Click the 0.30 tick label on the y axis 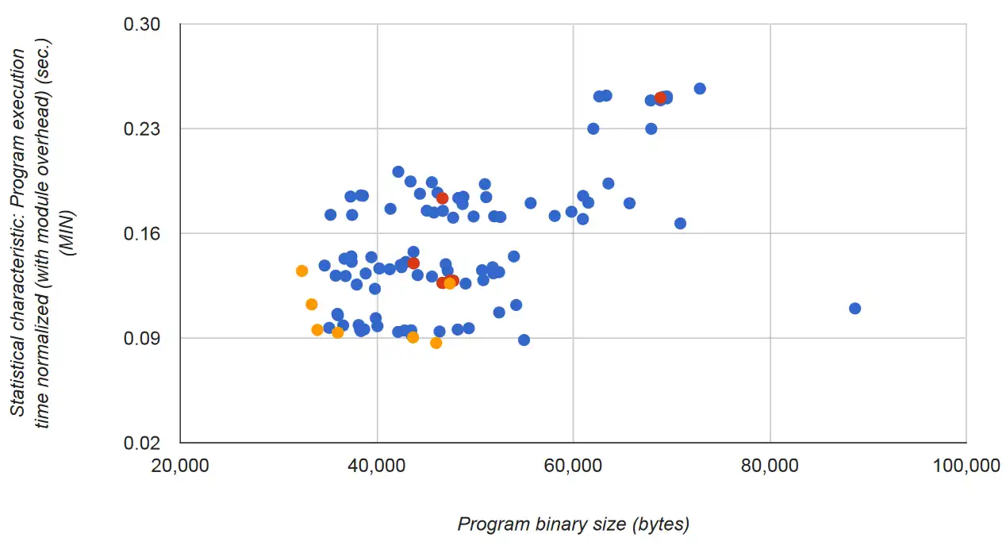tap(142, 25)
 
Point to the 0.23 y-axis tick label tap(142, 129)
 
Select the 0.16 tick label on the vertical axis tap(142, 234)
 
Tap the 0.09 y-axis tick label tap(142, 339)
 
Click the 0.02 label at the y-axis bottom tap(142, 443)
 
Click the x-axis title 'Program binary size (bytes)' tap(574, 524)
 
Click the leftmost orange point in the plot tap(301, 271)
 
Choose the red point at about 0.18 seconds tap(443, 198)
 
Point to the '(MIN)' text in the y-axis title tap(68, 233)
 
